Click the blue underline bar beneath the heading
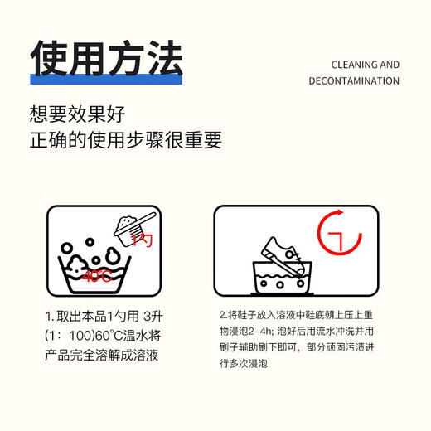click(106, 79)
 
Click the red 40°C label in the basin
click(96, 277)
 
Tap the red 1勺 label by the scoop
click(142, 241)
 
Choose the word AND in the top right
click(389, 65)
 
